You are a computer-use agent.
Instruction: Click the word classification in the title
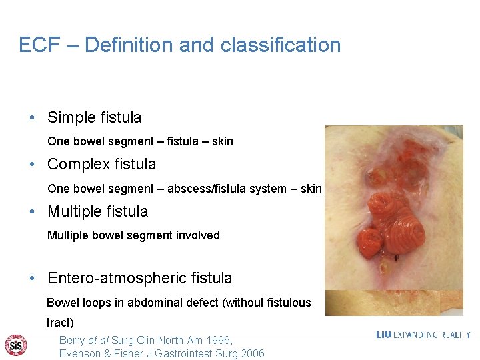pos(281,45)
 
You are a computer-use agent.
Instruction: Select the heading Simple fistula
pos(94,118)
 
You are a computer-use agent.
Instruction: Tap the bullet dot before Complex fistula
pos(32,165)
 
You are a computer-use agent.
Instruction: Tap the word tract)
pos(60,323)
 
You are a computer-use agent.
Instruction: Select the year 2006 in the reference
pos(251,353)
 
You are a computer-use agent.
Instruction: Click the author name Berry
pos(73,340)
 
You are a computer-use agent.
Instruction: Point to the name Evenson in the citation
pos(81,353)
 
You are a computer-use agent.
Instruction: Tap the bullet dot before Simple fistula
pos(32,118)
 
